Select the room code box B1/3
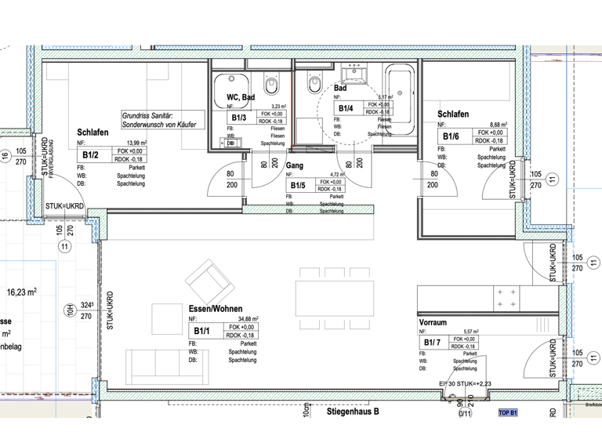pos(240,118)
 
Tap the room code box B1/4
pos(346,108)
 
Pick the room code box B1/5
pos(297,186)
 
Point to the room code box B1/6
pos(451,137)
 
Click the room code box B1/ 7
pos(433,343)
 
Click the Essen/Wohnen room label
pos(215,309)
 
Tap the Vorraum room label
pos(433,322)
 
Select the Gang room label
pos(295,165)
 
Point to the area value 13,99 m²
pos(135,143)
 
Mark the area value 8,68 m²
pos(497,125)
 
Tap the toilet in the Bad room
pos(315,82)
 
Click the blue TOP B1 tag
pos(508,412)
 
